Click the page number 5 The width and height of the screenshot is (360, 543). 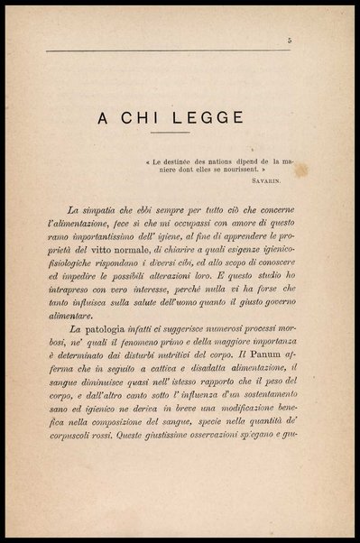[289, 40]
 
